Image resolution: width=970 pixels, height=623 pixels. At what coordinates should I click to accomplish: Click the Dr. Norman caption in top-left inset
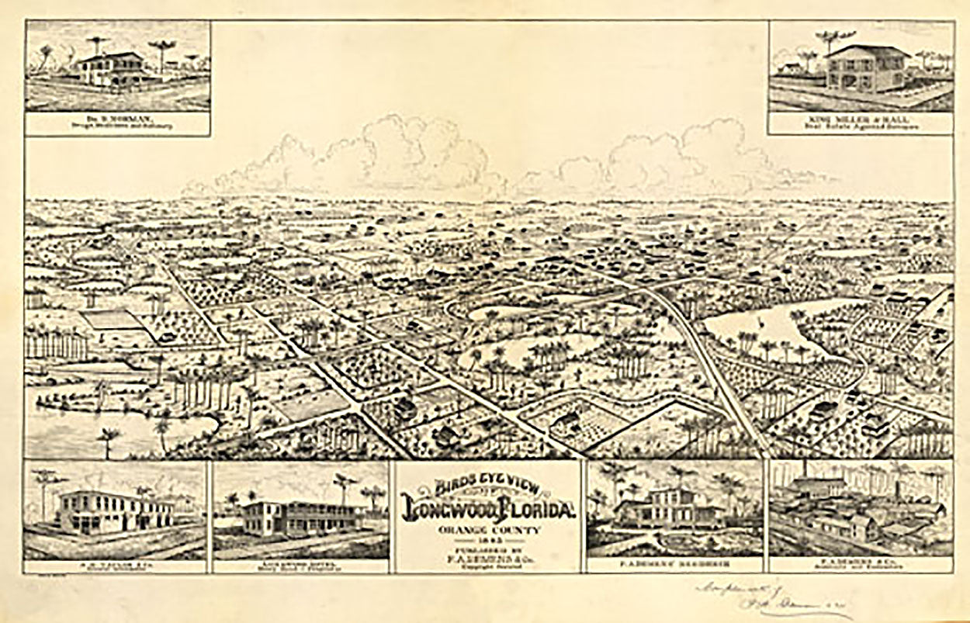tap(117, 122)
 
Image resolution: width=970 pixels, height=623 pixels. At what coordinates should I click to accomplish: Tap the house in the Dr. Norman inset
tap(113, 70)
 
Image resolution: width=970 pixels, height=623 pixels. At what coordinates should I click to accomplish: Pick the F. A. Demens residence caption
tap(675, 562)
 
